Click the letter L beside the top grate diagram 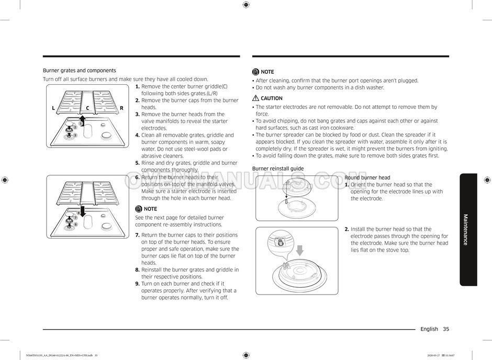53,108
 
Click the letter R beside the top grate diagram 121,108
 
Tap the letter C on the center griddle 88,108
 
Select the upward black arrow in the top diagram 83,118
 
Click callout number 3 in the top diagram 75,136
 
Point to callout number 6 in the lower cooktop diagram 75,224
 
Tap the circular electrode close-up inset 280,242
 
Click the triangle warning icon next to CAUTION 255,98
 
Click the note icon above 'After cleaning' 255,72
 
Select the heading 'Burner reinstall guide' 277,168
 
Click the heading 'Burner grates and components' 79,70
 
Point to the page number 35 445,329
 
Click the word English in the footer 429,329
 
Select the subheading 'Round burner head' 367,178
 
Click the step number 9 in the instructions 137,284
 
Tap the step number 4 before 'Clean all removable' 137,135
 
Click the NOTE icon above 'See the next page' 139,209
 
